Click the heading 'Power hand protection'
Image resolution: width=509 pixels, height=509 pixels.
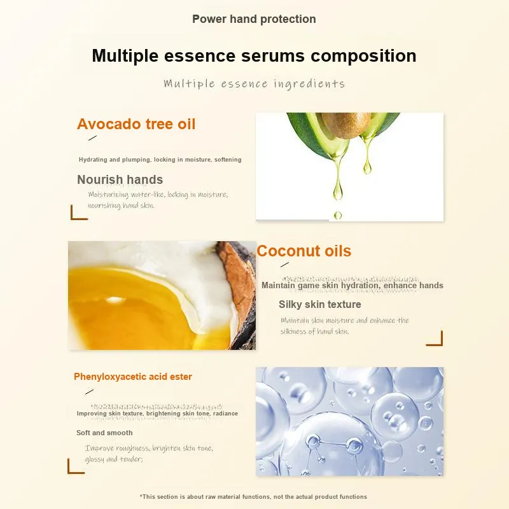coord(254,19)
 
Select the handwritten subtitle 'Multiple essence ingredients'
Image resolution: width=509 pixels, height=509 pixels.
coord(254,84)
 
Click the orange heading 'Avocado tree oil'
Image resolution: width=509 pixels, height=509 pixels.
coord(136,124)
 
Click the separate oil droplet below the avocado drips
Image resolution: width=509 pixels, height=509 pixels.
coord(338,215)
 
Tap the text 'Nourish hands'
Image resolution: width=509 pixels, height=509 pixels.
coord(120,179)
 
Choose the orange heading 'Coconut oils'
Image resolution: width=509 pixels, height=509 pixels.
coord(304,251)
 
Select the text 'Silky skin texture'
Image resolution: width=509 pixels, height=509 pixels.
coord(320,305)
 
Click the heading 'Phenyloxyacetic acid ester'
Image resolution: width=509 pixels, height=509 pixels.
coord(133,377)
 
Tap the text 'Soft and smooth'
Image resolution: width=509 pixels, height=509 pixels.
coord(104,433)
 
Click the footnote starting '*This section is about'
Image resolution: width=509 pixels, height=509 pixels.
coord(253,497)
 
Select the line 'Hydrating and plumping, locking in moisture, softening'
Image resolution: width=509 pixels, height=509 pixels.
coord(160,160)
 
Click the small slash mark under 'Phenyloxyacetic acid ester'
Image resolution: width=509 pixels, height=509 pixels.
coord(89,392)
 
